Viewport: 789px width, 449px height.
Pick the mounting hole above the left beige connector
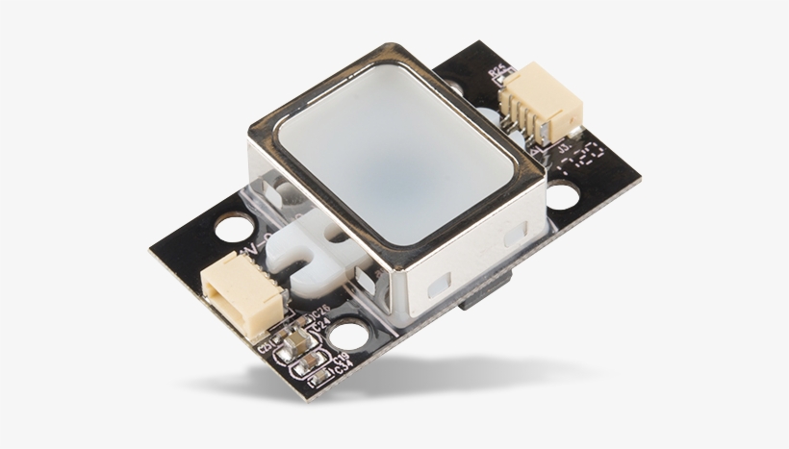(x=230, y=229)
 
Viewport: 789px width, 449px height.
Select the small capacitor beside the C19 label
(x=310, y=363)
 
